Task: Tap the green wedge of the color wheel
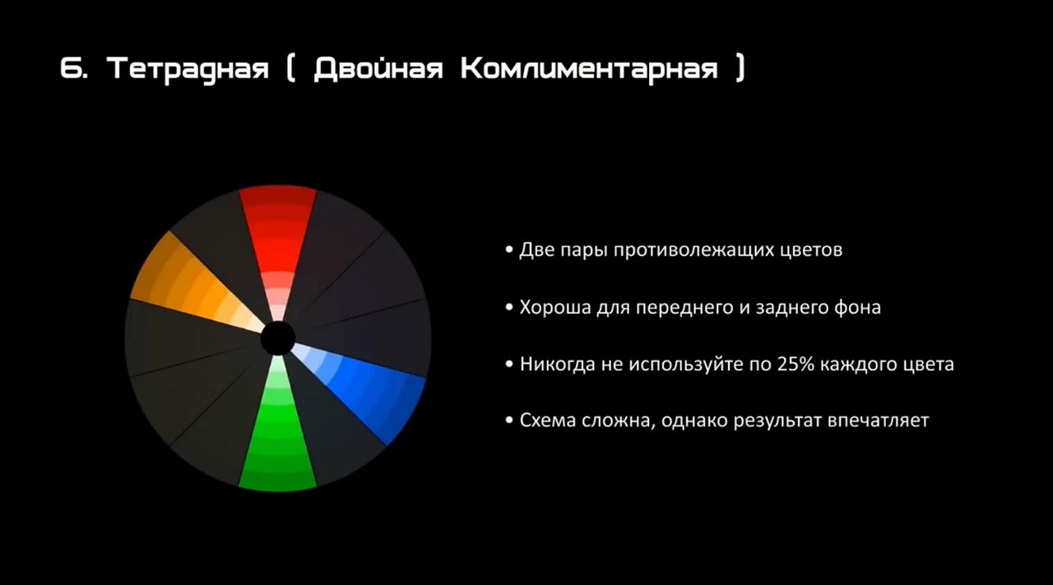tap(278, 433)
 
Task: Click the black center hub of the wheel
tap(278, 338)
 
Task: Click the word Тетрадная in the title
tap(188, 69)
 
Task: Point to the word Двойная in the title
tap(378, 67)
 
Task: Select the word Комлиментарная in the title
tap(590, 69)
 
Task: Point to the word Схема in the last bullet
tap(548, 420)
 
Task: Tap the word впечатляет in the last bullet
tap(878, 420)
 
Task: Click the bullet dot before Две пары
tap(509, 249)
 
